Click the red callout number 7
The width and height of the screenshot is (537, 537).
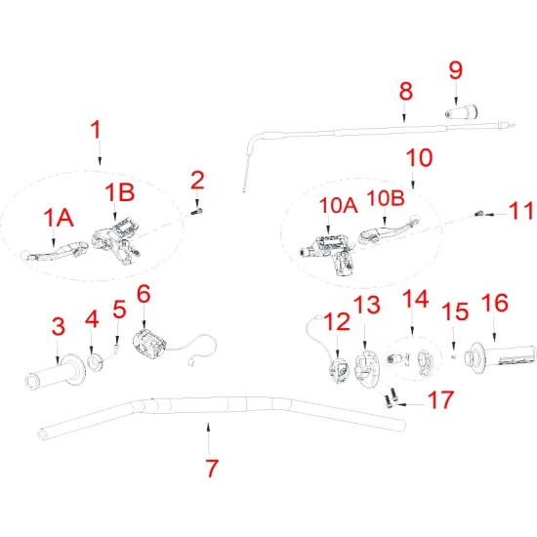[211, 467]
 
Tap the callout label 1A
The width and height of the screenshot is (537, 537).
[58, 218]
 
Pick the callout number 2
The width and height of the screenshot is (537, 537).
[197, 179]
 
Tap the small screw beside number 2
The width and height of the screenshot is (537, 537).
[197, 207]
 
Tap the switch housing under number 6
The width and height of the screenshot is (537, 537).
[149, 342]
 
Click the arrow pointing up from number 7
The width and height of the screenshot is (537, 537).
[208, 431]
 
